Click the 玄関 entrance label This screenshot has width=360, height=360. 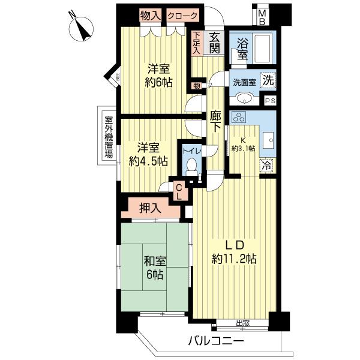pos(215,43)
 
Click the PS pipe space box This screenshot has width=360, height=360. pos(270,100)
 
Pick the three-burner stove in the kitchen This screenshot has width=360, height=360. pos(239,118)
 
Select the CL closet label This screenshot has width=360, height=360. pos(178,191)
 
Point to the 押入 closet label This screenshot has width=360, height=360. pos(149,208)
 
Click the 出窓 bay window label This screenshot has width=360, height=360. pos(242,323)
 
